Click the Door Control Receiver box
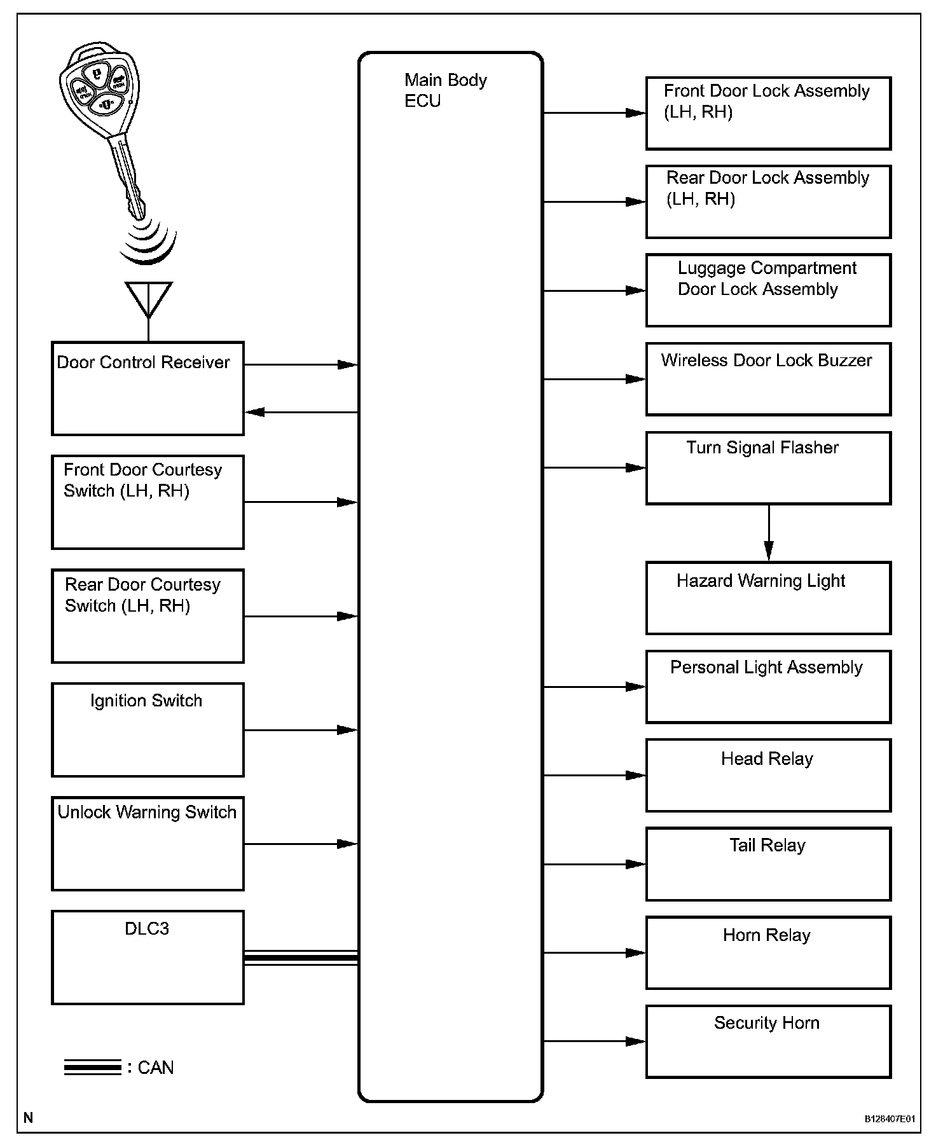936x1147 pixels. pos(148,388)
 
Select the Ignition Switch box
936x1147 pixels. pos(148,730)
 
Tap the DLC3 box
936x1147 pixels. pos(148,958)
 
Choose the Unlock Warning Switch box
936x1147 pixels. pos(148,844)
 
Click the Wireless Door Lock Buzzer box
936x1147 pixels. pos(768,379)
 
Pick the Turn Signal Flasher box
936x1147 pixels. pos(768,468)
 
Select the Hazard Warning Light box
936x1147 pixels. pos(768,598)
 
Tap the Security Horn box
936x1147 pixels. pos(768,1041)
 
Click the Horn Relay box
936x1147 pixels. pos(768,952)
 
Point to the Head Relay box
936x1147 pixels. pos(768,775)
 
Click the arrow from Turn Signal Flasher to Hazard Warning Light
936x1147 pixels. pos(769,533)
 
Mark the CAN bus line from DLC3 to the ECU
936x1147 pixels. pos(301,958)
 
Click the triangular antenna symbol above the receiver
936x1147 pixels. pos(148,298)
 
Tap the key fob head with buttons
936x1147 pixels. pos(100,90)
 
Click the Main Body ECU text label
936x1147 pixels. pos(445,90)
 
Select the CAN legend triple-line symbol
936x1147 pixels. pos(92,1068)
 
